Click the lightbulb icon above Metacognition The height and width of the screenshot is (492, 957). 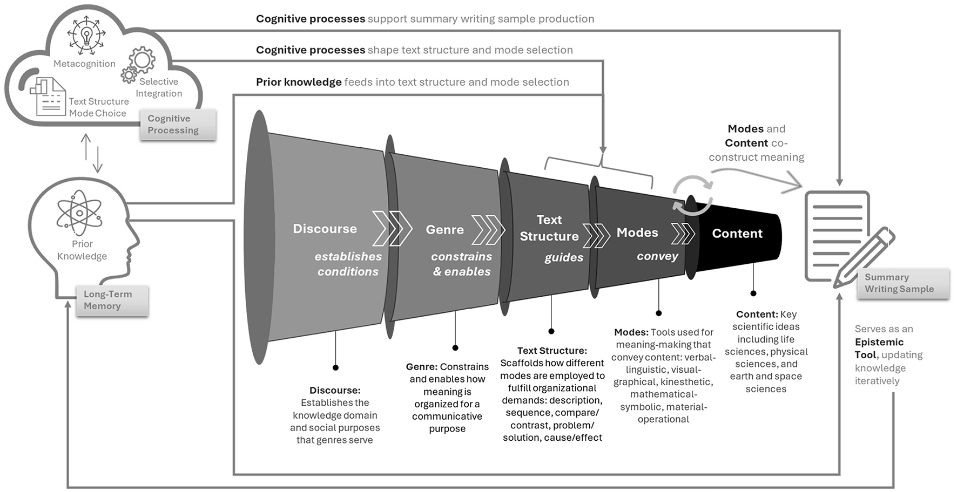click(x=86, y=35)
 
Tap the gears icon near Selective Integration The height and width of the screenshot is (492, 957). click(x=138, y=64)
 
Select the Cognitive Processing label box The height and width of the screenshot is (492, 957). click(x=178, y=125)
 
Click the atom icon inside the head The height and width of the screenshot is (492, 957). click(x=79, y=213)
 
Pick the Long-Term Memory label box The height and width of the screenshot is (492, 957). click(x=112, y=300)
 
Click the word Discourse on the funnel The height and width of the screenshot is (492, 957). click(x=325, y=229)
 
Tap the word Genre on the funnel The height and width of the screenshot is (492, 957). click(x=444, y=230)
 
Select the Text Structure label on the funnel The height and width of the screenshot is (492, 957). click(x=549, y=228)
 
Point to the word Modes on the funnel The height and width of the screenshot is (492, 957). click(x=637, y=233)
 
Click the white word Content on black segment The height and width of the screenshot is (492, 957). click(x=737, y=234)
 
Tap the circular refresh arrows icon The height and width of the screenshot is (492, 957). click(x=692, y=195)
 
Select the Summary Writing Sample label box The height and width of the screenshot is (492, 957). click(x=902, y=283)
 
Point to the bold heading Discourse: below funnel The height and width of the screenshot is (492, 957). click(x=334, y=390)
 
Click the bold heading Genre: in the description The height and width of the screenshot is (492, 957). click(x=421, y=367)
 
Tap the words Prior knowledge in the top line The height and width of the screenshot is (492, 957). click(x=299, y=82)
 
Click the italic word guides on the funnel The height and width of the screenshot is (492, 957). click(x=564, y=257)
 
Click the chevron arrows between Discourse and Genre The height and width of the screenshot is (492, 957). click(x=392, y=229)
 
